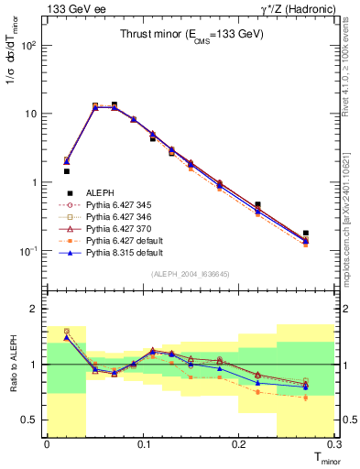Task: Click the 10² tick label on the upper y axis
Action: point(30,45)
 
